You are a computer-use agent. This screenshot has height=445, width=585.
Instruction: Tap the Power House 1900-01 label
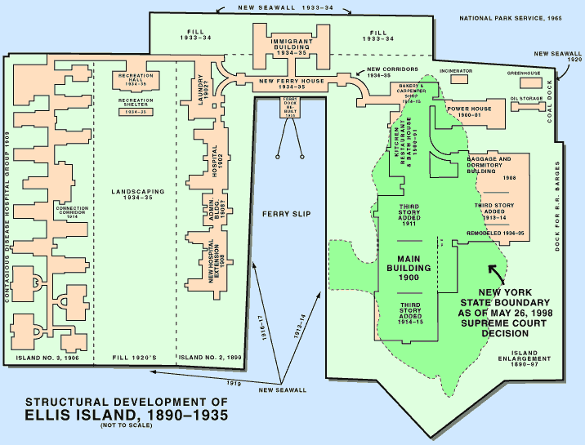470,110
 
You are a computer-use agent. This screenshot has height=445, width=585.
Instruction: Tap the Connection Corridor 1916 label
72,211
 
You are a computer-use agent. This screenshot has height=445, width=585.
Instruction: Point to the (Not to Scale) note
123,427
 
